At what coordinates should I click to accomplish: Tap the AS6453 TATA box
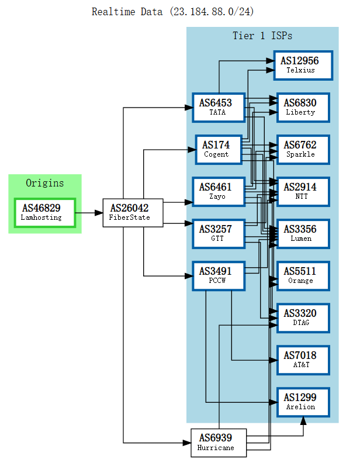pyautogui.click(x=218, y=108)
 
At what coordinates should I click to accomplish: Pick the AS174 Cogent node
pyautogui.click(x=218, y=150)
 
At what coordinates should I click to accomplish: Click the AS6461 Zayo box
pyautogui.click(x=218, y=192)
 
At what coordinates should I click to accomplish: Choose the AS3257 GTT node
pyautogui.click(x=218, y=234)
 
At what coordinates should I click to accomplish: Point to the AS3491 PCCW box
pyautogui.click(x=218, y=276)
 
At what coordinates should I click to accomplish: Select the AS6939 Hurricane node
pyautogui.click(x=219, y=443)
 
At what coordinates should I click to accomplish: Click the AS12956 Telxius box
pyautogui.click(x=303, y=65)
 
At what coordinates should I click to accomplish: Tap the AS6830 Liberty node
pyautogui.click(x=303, y=108)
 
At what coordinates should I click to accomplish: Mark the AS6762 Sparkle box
pyautogui.click(x=303, y=150)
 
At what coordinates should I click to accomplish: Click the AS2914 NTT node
pyautogui.click(x=303, y=192)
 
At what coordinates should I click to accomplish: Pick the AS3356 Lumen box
pyautogui.click(x=303, y=234)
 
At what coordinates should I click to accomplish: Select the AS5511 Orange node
pyautogui.click(x=303, y=276)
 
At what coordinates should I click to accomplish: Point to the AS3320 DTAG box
pyautogui.click(x=303, y=318)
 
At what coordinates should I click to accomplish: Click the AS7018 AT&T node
pyautogui.click(x=303, y=360)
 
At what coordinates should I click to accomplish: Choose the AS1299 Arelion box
pyautogui.click(x=303, y=402)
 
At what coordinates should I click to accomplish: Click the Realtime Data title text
pyautogui.click(x=173, y=12)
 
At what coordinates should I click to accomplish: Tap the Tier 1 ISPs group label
pyautogui.click(x=262, y=36)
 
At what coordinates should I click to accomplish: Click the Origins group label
pyautogui.click(x=45, y=183)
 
